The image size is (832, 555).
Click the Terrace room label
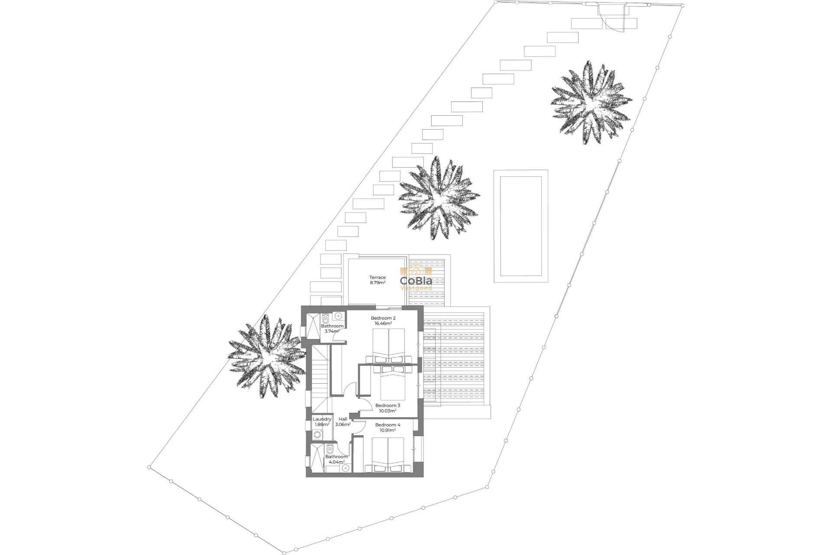(377, 277)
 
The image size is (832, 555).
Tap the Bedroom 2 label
(383, 318)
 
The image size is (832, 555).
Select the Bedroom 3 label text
(387, 406)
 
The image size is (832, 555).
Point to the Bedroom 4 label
(387, 425)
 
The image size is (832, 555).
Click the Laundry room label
(322, 419)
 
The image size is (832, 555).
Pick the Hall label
(343, 419)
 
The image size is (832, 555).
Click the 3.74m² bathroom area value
(332, 331)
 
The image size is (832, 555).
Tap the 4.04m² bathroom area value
(336, 462)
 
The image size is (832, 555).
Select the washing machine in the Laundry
(318, 434)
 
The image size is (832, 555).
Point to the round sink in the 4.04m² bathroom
(345, 468)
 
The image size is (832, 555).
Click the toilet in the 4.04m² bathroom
(330, 448)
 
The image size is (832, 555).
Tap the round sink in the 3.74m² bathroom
(339, 316)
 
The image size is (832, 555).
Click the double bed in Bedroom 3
(393, 384)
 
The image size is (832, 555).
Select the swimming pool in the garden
(521, 226)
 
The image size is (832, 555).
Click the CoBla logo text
(416, 281)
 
